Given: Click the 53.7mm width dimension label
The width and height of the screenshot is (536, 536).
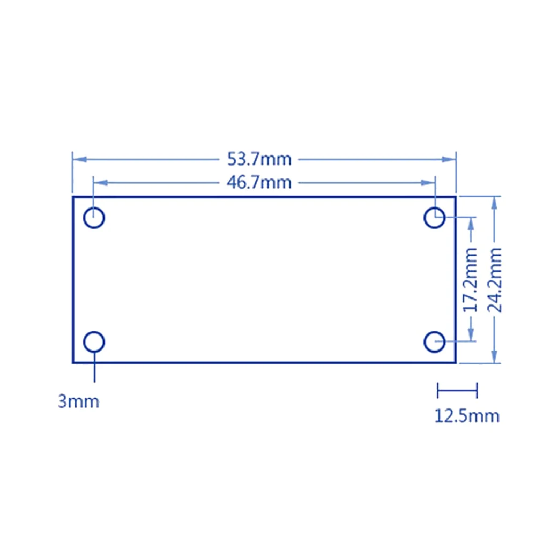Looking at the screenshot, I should (259, 159).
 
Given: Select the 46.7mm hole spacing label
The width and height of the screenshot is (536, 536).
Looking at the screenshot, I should (259, 183).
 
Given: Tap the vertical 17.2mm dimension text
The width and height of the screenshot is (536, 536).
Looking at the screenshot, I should (470, 280).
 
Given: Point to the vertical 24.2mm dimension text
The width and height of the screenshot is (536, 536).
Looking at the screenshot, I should (494, 280).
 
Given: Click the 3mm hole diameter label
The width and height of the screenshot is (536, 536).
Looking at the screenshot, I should (79, 401).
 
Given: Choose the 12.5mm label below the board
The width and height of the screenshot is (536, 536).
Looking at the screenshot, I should (466, 416).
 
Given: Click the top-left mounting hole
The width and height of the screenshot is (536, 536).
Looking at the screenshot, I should (94, 218).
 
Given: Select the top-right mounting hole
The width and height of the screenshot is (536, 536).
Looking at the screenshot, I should (435, 218).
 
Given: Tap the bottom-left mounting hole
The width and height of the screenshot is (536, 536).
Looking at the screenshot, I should (94, 341).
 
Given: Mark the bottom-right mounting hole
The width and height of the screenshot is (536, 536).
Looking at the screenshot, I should (435, 341).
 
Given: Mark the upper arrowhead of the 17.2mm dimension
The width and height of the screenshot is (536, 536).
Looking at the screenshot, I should (471, 224).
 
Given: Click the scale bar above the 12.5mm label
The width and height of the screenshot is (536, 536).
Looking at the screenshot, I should (457, 390).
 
